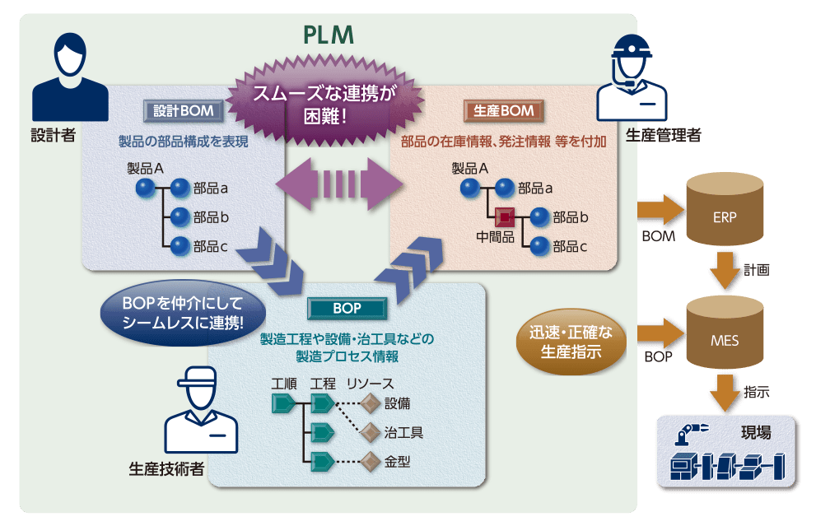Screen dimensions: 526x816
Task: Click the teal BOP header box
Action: (347, 308)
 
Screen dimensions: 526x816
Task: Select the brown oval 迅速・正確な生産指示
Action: (571, 343)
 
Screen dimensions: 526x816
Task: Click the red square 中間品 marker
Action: (504, 217)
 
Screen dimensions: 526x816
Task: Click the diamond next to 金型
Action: (370, 461)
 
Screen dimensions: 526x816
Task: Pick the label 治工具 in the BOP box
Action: (403, 432)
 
